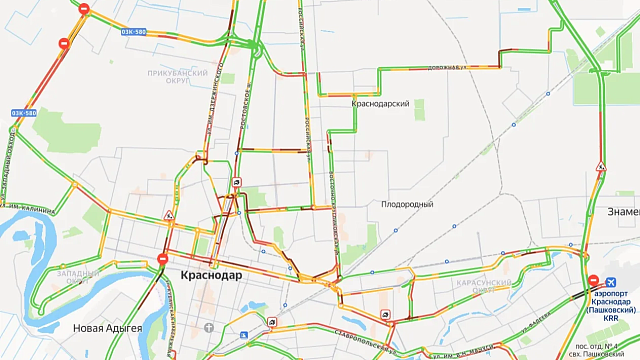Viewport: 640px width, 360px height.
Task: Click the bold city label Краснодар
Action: (x=211, y=275)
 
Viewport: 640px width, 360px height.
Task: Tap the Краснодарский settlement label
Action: (x=381, y=103)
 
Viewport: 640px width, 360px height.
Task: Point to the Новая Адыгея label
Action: (x=109, y=329)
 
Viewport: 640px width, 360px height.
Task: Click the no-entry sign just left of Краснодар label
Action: (x=162, y=260)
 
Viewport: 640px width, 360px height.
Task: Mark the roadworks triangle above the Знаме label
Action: (x=600, y=166)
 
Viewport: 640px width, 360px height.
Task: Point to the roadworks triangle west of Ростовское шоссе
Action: (x=169, y=216)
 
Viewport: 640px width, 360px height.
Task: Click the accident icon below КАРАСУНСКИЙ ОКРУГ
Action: (x=386, y=315)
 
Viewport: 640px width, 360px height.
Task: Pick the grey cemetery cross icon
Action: (x=207, y=328)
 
